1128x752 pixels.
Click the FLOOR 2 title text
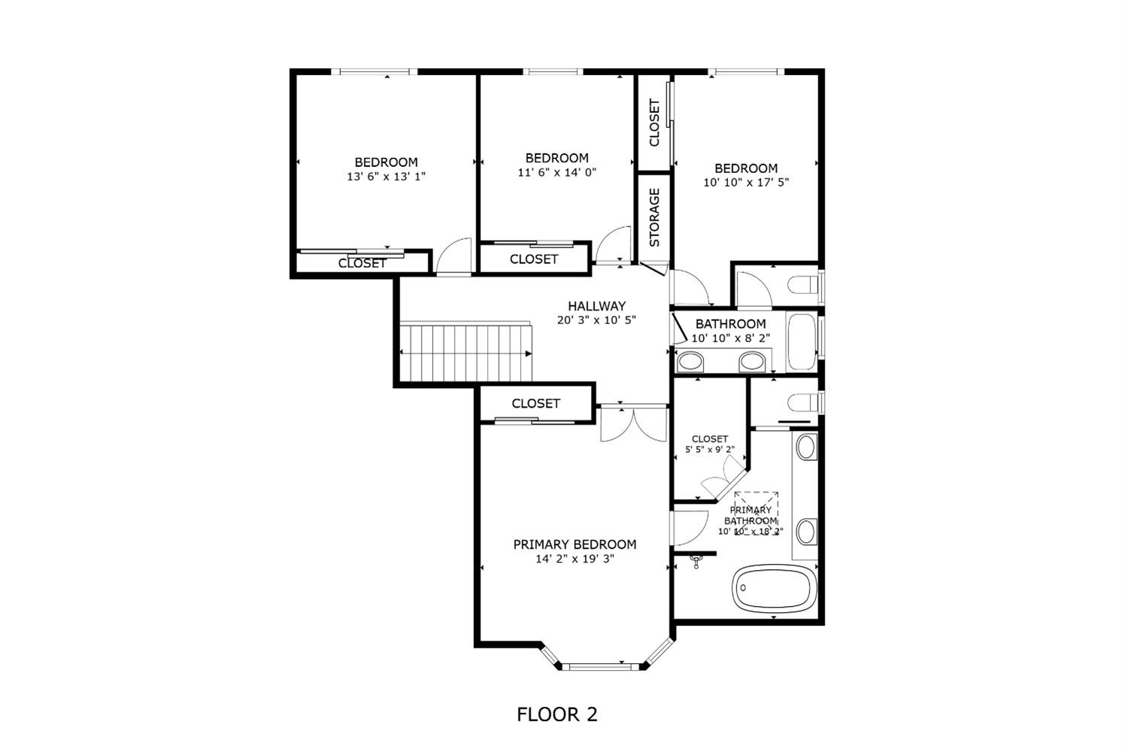click(556, 714)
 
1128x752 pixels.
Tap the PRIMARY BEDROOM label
click(575, 544)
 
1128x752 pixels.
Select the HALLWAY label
click(596, 306)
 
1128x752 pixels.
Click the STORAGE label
click(654, 217)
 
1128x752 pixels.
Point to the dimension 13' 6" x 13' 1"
click(386, 177)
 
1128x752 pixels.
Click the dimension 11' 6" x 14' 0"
click(556, 172)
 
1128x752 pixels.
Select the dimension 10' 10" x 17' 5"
click(745, 182)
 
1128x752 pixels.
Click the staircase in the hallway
click(464, 353)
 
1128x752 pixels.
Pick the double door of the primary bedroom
click(633, 423)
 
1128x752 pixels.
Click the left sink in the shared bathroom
click(690, 362)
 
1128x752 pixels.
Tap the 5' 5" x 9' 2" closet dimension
click(709, 450)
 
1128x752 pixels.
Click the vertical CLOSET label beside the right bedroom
click(654, 123)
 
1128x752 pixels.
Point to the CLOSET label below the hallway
click(535, 404)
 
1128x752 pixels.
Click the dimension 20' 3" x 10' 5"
click(596, 320)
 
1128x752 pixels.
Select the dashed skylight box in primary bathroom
click(756, 513)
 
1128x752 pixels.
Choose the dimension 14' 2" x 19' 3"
click(575, 559)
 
